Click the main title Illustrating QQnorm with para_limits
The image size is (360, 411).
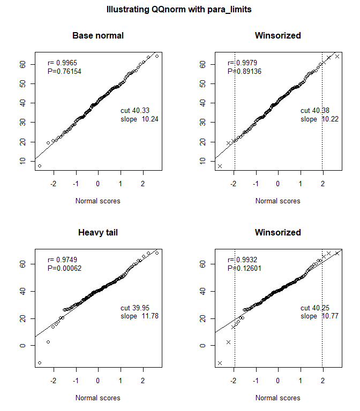tap(180, 10)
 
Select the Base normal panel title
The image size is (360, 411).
tap(98, 36)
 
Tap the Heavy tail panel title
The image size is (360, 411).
tap(98, 233)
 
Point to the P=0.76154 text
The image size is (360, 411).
tap(65, 71)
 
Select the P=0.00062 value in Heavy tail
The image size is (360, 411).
tap(65, 268)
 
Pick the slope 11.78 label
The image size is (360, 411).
tap(140, 316)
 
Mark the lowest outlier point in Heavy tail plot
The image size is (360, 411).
tap(40, 363)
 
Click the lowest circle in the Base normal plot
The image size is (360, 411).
tap(40, 166)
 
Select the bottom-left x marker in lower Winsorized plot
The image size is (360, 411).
tap(220, 363)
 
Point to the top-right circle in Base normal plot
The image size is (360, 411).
tap(156, 56)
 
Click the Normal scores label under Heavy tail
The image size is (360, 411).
tap(98, 398)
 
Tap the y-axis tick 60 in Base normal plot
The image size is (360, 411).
tap(23, 64)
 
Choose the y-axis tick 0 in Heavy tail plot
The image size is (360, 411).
tap(23, 345)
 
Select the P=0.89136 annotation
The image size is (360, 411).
tap(245, 71)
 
